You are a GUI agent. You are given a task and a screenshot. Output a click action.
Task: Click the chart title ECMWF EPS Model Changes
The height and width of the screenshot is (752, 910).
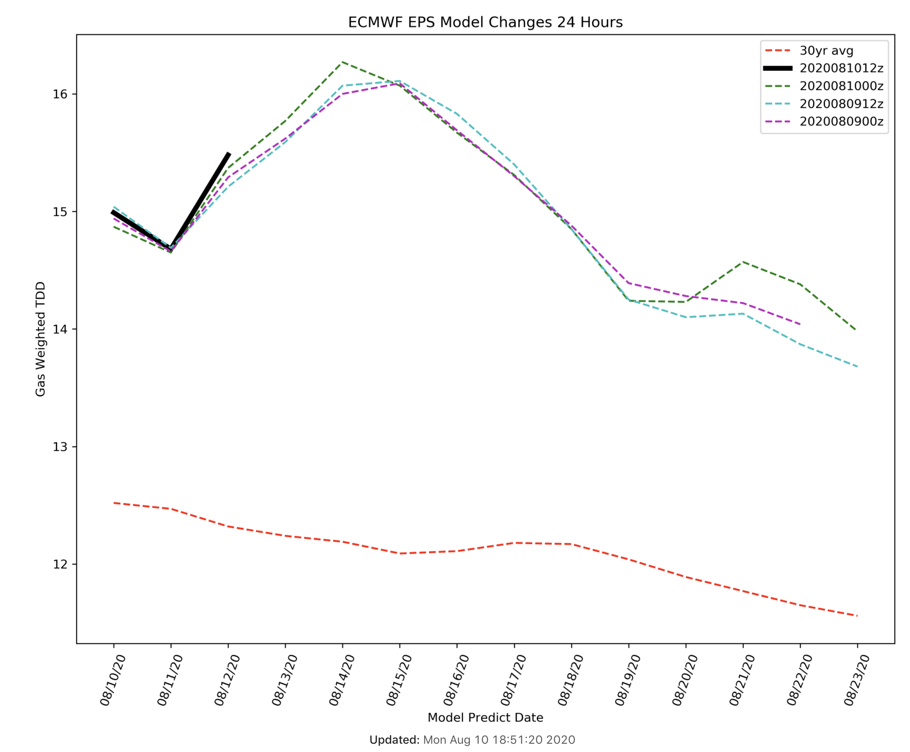tap(485, 22)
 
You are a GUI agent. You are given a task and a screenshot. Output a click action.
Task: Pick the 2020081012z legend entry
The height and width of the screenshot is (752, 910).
tap(841, 68)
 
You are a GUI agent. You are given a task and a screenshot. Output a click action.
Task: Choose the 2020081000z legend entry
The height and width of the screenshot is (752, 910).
tap(841, 86)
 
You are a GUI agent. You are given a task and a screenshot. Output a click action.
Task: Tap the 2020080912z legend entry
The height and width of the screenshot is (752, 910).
tap(841, 104)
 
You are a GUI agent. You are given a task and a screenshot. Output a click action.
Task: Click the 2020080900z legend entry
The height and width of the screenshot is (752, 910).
tap(841, 122)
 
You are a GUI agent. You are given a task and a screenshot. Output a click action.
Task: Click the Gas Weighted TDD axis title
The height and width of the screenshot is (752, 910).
tap(40, 339)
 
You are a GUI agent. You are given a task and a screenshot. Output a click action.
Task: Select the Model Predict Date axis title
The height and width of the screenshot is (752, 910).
tap(485, 718)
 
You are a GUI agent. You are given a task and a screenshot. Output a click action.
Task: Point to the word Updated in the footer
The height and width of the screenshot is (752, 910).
tap(394, 740)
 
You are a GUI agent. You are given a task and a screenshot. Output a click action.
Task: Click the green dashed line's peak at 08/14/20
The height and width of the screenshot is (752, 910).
tap(342, 62)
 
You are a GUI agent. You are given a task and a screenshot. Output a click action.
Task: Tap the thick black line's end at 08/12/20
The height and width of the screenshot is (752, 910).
tap(228, 154)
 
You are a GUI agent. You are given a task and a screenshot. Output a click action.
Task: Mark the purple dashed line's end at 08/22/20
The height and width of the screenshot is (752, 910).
tap(799, 324)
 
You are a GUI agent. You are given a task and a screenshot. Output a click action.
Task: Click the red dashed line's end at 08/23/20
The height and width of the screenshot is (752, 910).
tap(856, 615)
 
